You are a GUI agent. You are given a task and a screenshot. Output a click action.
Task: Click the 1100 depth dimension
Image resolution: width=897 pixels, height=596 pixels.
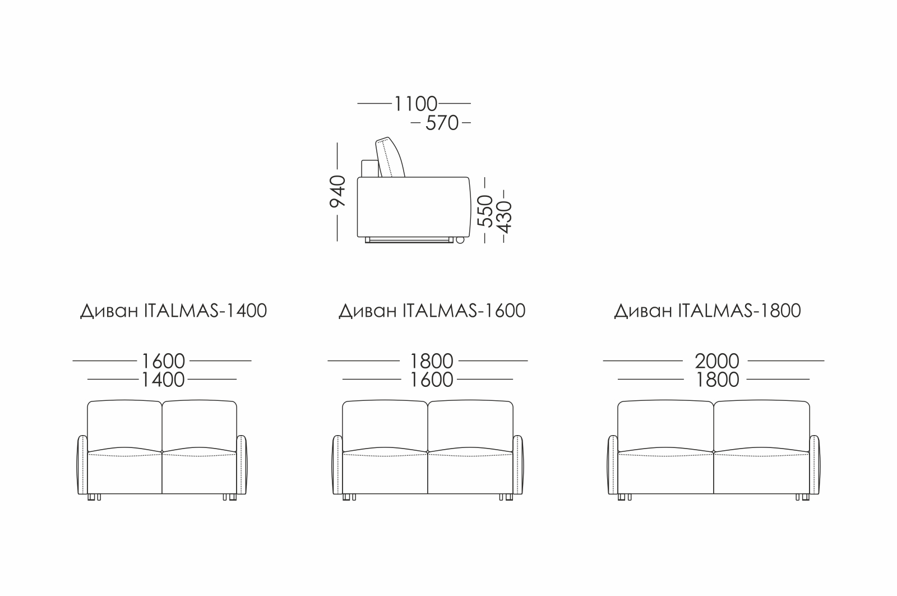(x=415, y=104)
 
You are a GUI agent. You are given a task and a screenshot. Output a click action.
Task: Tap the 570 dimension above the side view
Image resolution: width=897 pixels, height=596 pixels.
(x=442, y=123)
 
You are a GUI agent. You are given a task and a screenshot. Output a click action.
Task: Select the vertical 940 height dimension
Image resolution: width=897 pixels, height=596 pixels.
(x=338, y=191)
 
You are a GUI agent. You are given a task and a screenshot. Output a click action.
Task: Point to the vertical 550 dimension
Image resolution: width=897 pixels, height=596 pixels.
(x=486, y=210)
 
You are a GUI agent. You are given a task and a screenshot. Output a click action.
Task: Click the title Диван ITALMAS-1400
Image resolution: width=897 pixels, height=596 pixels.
(x=173, y=311)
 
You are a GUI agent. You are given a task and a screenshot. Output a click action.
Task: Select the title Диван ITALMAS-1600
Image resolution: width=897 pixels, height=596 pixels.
(x=432, y=311)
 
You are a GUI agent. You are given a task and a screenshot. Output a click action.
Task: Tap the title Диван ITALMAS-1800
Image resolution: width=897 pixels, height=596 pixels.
(x=708, y=311)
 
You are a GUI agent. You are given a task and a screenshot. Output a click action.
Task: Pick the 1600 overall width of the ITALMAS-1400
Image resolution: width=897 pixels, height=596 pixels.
(x=163, y=361)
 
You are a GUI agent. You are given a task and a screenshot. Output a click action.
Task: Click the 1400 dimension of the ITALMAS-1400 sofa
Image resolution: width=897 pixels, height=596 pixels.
(x=163, y=380)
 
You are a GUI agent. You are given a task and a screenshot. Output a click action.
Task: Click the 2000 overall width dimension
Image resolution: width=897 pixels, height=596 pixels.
(x=716, y=361)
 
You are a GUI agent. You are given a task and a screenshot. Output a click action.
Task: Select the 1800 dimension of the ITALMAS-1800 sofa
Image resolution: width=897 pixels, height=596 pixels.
(x=716, y=380)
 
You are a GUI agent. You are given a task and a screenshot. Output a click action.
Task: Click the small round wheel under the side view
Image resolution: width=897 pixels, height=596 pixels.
(x=460, y=241)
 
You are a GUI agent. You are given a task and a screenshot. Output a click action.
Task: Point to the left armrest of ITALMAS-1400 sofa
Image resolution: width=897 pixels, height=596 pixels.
(x=82, y=465)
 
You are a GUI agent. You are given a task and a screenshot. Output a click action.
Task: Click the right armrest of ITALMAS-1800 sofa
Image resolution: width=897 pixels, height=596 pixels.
(x=815, y=465)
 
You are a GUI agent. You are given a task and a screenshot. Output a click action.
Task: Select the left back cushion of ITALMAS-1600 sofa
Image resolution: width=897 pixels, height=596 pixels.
(x=385, y=426)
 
